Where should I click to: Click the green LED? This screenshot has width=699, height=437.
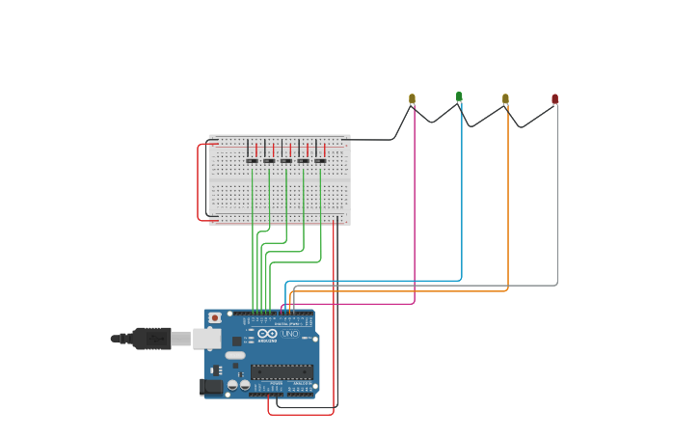point(459,96)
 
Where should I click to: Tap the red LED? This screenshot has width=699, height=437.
point(554,98)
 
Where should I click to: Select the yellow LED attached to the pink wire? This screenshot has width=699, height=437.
point(412,98)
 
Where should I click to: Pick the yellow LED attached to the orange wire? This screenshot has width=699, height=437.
point(505,98)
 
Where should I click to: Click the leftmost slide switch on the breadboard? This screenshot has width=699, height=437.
point(252,160)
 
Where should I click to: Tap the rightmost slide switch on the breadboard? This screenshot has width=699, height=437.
point(320,160)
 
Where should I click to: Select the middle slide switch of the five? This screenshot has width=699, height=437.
point(286,160)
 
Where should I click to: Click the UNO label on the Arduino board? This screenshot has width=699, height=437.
point(290,334)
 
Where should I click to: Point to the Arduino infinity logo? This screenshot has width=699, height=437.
point(266,334)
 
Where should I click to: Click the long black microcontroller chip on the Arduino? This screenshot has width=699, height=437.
point(282,371)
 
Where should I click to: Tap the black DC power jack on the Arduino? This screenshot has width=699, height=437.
point(210,387)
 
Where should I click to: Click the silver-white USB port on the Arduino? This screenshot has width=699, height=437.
point(207,338)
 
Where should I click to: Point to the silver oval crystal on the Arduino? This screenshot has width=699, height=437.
point(235,355)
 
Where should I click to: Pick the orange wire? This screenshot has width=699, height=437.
point(508,212)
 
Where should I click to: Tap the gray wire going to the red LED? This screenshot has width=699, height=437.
point(556,212)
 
